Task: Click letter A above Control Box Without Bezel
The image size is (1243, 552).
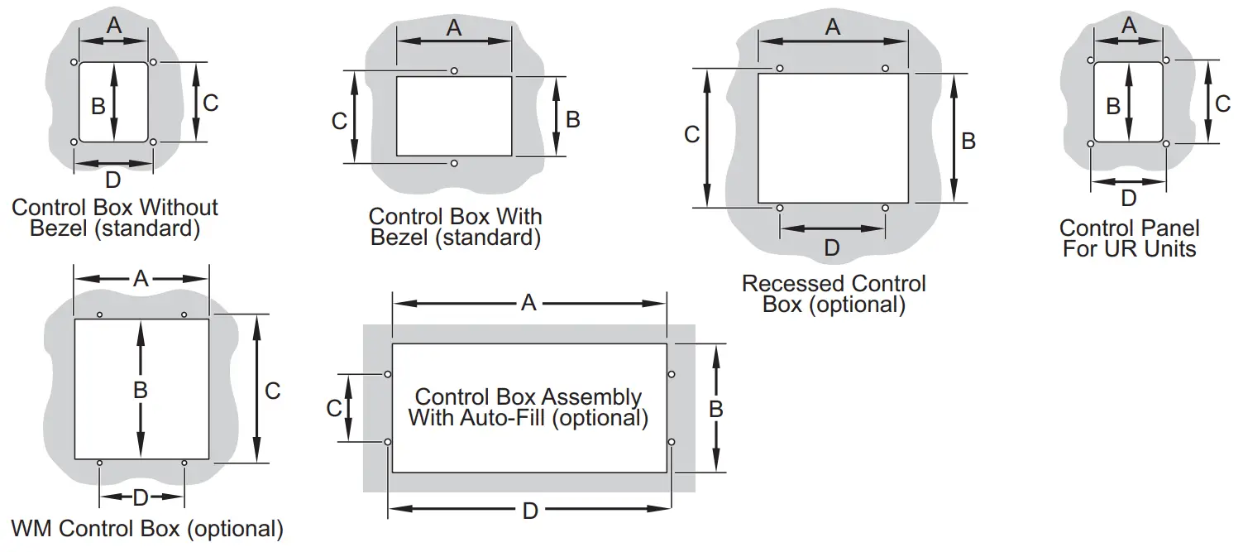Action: pyautogui.click(x=114, y=26)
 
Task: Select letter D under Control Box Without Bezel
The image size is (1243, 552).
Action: pyautogui.click(x=113, y=180)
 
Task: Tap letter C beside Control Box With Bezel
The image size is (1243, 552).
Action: pyautogui.click(x=339, y=121)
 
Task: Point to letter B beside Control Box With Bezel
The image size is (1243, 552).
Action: pyautogui.click(x=572, y=119)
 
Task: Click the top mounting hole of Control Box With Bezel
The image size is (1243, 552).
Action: pyautogui.click(x=454, y=71)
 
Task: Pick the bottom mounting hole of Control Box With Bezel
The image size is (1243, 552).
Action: pyautogui.click(x=454, y=164)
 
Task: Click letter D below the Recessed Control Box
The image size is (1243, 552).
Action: pyautogui.click(x=832, y=247)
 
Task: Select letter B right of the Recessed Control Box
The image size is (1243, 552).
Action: pyautogui.click(x=968, y=141)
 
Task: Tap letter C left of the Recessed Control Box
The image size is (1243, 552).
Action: pyautogui.click(x=692, y=135)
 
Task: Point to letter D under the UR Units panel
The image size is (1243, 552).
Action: pyautogui.click(x=1128, y=199)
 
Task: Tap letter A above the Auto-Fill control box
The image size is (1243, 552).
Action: pyautogui.click(x=528, y=304)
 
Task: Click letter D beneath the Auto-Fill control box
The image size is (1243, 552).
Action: pyautogui.click(x=530, y=511)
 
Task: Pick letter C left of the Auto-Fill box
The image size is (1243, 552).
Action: pyautogui.click(x=334, y=408)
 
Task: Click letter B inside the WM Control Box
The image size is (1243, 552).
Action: pyautogui.click(x=141, y=390)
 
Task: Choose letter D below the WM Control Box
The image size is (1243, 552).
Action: pyautogui.click(x=141, y=497)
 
